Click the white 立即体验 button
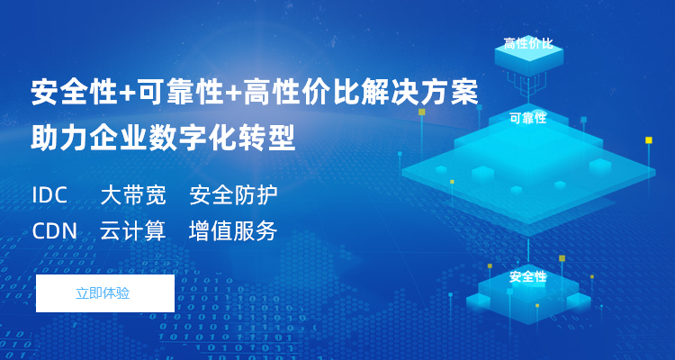pyautogui.click(x=105, y=293)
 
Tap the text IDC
pyautogui.click(x=49, y=195)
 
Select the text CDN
pyautogui.click(x=55, y=231)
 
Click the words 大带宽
pyautogui.click(x=133, y=195)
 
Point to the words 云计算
pyautogui.click(x=133, y=231)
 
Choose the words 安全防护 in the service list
pyautogui.click(x=233, y=195)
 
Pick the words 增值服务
pyautogui.click(x=233, y=231)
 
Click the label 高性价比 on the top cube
pyautogui.click(x=528, y=43)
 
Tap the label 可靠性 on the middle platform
pyautogui.click(x=528, y=118)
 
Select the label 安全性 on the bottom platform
pyautogui.click(x=527, y=277)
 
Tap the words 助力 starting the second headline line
pyautogui.click(x=59, y=138)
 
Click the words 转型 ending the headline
pyautogui.click(x=266, y=138)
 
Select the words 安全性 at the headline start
pyautogui.click(x=74, y=92)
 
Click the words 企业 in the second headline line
pyautogui.click(x=119, y=138)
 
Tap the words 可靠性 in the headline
pyautogui.click(x=179, y=92)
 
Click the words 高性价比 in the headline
pyautogui.click(x=301, y=92)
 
